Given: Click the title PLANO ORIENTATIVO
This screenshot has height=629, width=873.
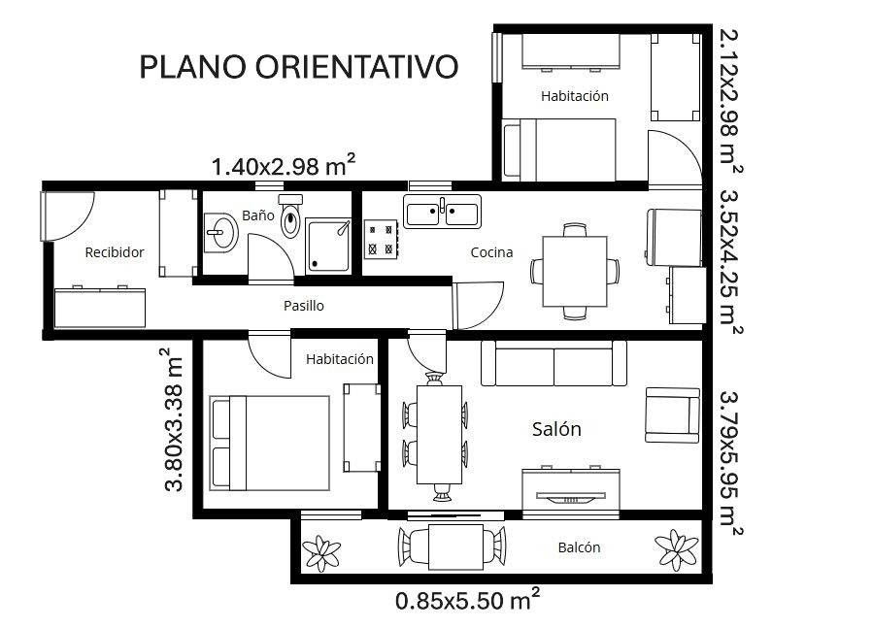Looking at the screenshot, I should point(298,67).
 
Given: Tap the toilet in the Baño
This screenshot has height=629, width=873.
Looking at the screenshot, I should point(290,217).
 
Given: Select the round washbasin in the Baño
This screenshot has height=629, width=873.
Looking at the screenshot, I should point(221,233).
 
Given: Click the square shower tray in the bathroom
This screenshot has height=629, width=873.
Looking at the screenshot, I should point(329,244).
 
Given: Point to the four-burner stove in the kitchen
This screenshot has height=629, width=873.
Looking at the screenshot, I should point(381,239).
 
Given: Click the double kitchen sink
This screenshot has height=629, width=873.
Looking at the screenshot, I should point(443,211).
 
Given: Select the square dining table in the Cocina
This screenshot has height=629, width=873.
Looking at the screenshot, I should point(575,271).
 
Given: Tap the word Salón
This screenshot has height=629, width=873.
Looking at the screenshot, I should point(556,429).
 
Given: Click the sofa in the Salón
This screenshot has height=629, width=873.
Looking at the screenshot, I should point(554,365).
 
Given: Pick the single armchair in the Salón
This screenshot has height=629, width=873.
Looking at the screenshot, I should point(673,414).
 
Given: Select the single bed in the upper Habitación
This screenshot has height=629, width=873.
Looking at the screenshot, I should point(558,149).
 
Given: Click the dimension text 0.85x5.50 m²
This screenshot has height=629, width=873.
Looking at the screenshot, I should point(467,600).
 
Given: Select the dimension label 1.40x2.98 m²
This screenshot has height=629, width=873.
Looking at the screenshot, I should point(283,166).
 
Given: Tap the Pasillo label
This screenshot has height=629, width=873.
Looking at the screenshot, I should point(304,306).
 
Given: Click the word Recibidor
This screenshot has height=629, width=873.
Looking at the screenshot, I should point(115,252).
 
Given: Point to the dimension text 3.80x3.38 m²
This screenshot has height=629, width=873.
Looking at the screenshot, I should point(174,419).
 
